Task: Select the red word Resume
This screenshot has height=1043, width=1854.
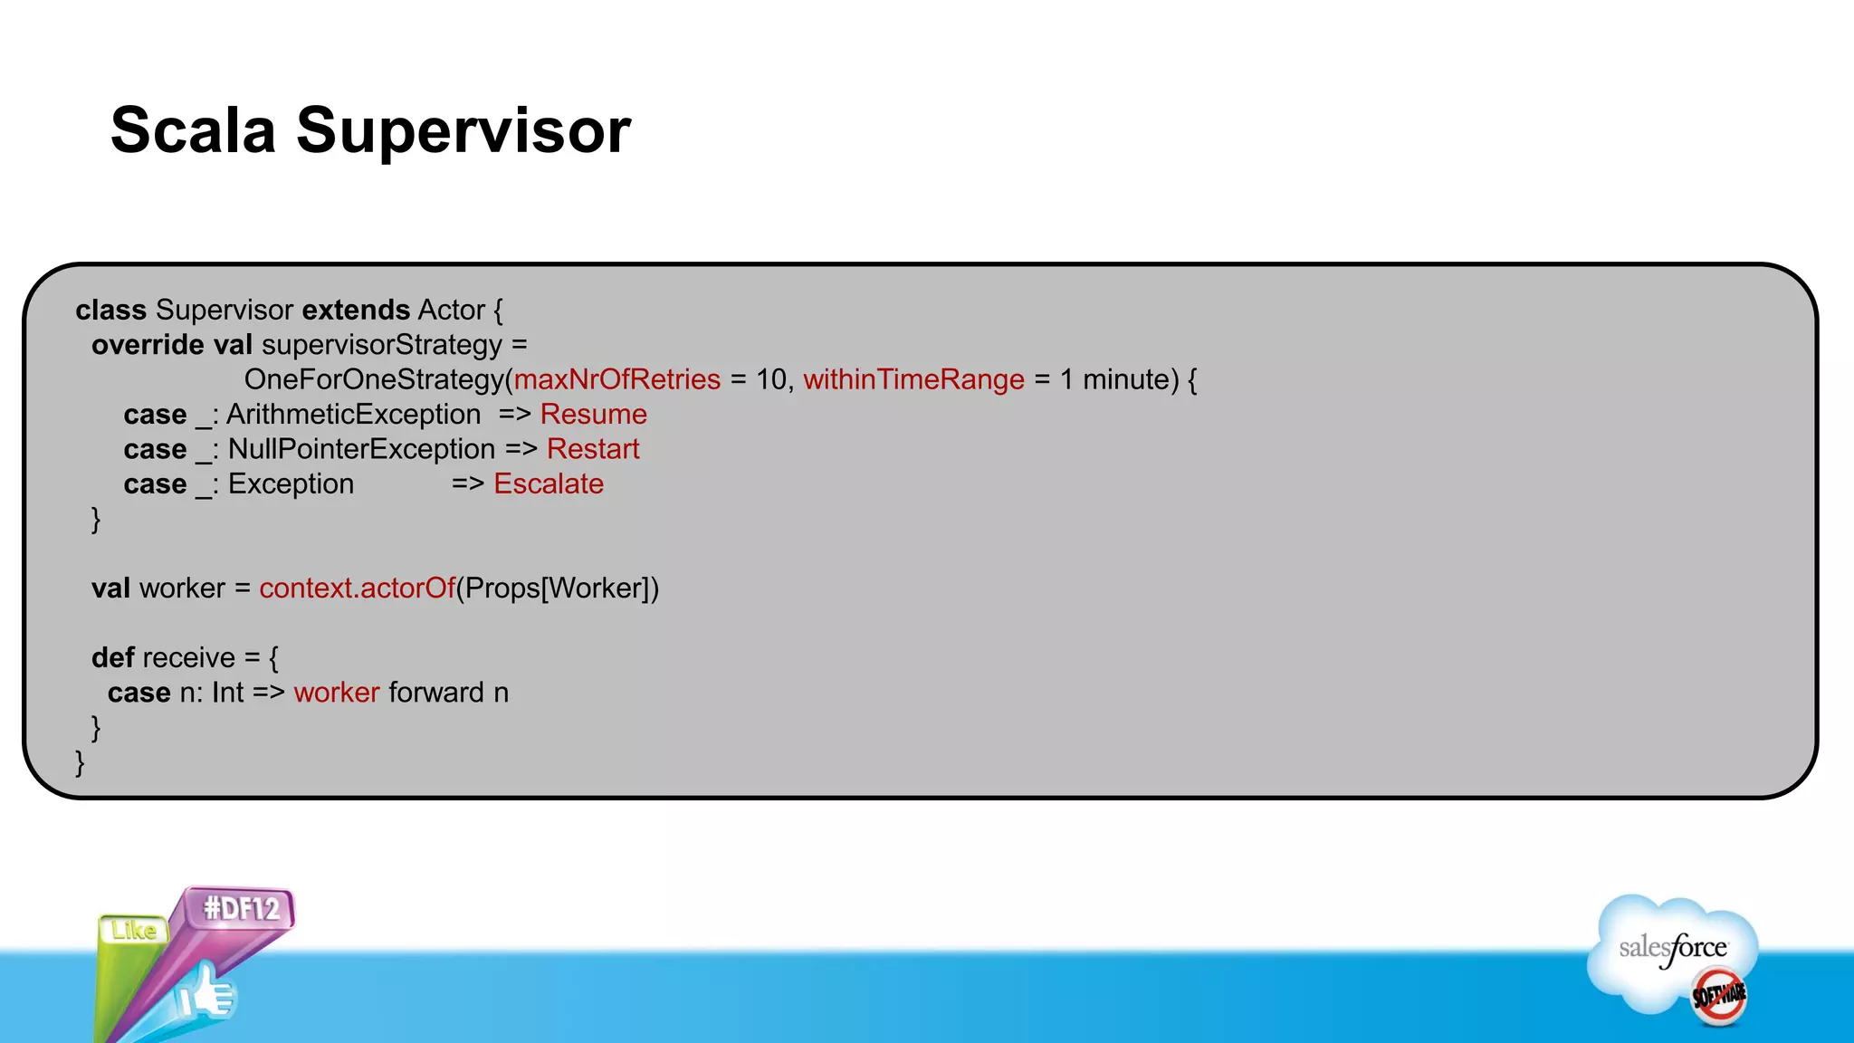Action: coord(593,415)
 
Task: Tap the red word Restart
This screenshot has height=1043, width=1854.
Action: coord(593,449)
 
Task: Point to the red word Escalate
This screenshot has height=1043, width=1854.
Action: coord(549,484)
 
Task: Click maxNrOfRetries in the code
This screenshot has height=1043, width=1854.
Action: coord(617,379)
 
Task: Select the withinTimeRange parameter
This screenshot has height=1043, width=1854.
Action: coord(913,379)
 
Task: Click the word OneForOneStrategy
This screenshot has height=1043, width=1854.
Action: coord(374,379)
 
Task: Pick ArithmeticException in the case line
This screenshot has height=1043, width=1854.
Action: coord(354,415)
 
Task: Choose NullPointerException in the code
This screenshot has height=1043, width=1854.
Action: coord(361,449)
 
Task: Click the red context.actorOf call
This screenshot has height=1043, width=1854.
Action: coord(357,588)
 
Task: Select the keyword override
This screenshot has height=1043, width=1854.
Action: coord(148,345)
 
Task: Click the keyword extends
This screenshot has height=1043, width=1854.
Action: coord(356,310)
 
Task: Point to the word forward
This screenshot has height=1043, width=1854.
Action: coord(436,693)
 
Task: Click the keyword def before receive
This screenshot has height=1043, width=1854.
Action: coord(112,658)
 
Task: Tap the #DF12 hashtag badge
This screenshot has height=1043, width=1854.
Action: coord(242,908)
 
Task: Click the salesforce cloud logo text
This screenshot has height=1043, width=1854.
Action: coord(1672,948)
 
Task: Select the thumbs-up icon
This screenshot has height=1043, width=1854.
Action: coord(206,994)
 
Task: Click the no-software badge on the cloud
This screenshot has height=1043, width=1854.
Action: coord(1718,997)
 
